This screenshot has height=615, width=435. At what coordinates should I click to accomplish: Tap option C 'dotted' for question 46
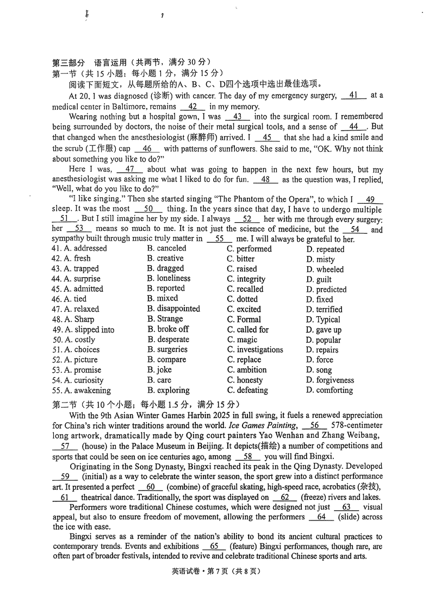point(243,299)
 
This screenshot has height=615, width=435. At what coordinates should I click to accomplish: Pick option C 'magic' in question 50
point(242,340)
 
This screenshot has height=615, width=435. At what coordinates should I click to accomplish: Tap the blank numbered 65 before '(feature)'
point(214,546)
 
